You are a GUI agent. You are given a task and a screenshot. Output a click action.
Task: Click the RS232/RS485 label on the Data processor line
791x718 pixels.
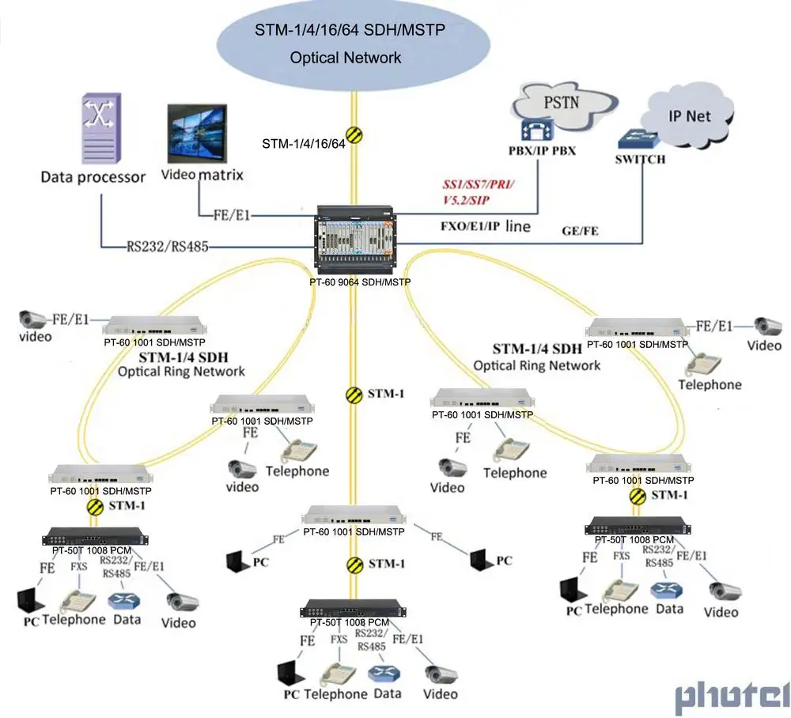[x=168, y=247]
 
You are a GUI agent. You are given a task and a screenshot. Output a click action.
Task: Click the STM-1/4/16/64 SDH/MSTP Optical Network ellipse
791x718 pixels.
[x=350, y=44]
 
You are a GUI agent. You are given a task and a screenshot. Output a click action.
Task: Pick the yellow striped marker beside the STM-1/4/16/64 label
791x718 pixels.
[x=354, y=135]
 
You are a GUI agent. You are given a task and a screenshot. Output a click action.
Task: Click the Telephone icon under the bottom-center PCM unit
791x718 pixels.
[x=335, y=674]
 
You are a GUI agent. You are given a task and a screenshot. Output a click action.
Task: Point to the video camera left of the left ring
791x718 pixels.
[x=33, y=320]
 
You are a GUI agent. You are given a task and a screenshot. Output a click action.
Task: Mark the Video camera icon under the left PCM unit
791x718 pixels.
[x=182, y=602]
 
